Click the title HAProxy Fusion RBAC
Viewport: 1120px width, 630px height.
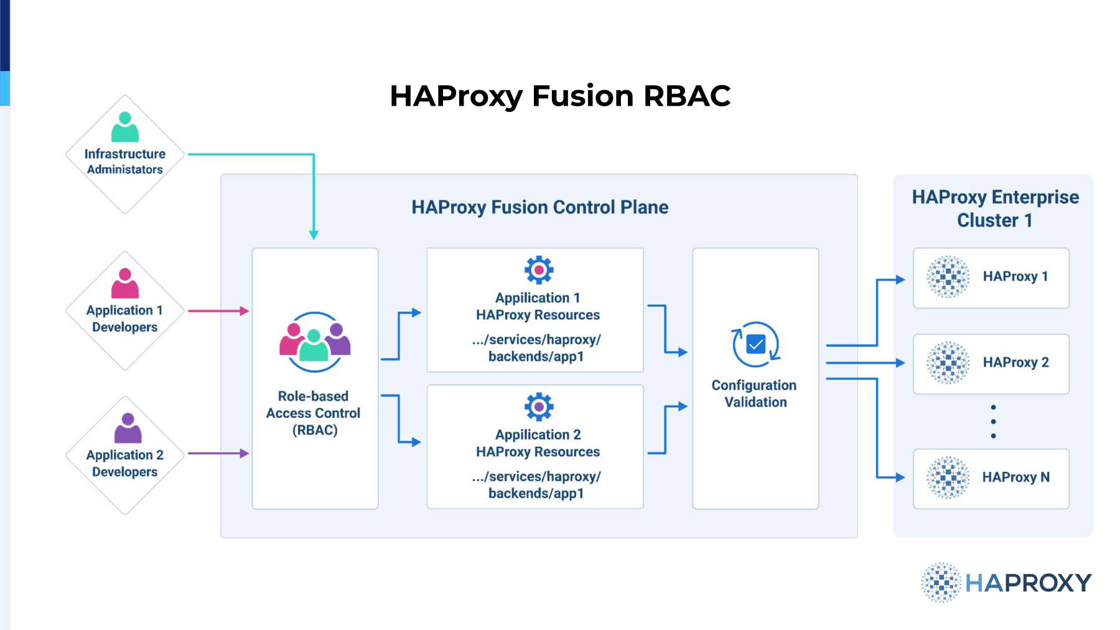tap(560, 96)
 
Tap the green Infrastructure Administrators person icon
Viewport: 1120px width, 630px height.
tap(125, 127)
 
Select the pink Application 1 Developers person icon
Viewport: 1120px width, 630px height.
tap(125, 283)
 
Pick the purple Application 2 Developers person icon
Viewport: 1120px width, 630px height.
tap(128, 428)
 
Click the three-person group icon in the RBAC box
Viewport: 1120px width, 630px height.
tap(315, 342)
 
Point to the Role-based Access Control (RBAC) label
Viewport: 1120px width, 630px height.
tap(314, 413)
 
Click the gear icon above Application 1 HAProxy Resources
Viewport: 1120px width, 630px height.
tap(539, 270)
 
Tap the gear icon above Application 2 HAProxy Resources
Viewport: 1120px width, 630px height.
tap(539, 407)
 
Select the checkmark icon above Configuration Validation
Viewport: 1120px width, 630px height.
tap(756, 344)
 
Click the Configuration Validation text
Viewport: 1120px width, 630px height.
tap(755, 394)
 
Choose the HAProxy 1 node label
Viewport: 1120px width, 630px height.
tap(1015, 276)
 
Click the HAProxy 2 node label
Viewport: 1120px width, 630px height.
tap(1016, 362)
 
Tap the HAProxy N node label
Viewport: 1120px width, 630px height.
tap(1016, 477)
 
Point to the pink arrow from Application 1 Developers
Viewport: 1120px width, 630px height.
tap(218, 311)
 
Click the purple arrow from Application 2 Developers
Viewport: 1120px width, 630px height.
tap(218, 453)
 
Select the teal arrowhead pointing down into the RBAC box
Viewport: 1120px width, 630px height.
tap(314, 234)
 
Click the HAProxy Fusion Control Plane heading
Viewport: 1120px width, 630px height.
tap(540, 207)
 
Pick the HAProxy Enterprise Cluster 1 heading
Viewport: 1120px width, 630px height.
tap(996, 208)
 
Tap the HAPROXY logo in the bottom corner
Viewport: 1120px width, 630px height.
tap(1006, 583)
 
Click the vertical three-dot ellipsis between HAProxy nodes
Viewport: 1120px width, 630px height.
tap(993, 422)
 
